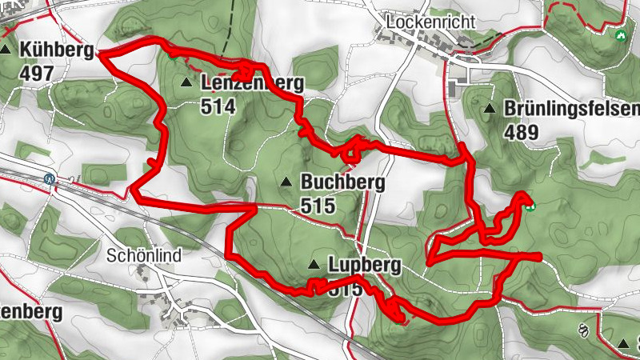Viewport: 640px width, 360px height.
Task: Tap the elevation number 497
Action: click(x=38, y=74)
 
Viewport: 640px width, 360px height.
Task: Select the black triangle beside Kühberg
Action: click(x=7, y=50)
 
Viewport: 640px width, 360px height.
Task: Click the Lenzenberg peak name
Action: click(x=253, y=83)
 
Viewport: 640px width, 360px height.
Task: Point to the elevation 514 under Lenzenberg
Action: click(x=219, y=106)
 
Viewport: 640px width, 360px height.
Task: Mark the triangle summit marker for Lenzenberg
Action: click(x=186, y=82)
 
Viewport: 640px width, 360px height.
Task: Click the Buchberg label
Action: click(x=342, y=182)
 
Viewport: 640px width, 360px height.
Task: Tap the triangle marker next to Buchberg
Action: click(x=286, y=182)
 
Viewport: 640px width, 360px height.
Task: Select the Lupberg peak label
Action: click(x=363, y=265)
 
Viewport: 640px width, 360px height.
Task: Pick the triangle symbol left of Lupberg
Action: click(x=314, y=265)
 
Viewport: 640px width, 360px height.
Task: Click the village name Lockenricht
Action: click(x=430, y=22)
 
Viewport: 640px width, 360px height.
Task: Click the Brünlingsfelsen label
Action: click(x=571, y=109)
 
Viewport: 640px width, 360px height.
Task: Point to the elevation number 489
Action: click(x=522, y=132)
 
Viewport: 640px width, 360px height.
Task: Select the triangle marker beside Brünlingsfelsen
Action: click(x=489, y=108)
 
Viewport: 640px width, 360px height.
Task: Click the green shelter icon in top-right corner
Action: click(x=619, y=35)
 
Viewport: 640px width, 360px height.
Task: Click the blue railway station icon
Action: click(x=50, y=178)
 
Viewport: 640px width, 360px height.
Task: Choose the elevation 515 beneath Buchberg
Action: click(x=318, y=206)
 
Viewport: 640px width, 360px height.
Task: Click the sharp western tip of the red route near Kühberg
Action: click(x=98, y=53)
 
